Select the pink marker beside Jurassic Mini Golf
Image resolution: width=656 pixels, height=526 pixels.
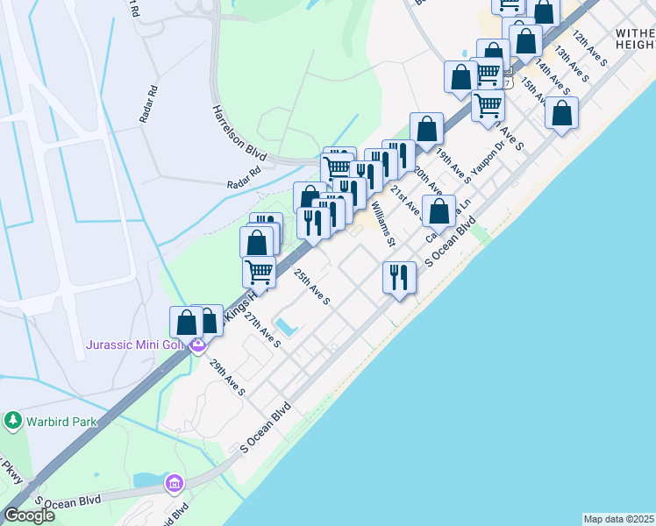pos(198,345)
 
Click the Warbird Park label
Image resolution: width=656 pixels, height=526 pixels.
pos(60,422)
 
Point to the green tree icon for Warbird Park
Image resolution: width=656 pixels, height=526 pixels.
pos(12,422)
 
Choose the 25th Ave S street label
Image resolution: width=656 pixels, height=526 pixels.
pos(311,287)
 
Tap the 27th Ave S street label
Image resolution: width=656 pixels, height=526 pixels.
pos(262,328)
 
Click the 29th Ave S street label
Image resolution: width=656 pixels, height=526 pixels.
pos(226,377)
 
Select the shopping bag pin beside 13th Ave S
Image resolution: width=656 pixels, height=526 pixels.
pos(561,113)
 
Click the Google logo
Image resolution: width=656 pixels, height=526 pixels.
pos(28,515)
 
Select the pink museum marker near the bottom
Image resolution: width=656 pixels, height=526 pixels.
pos(174,483)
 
